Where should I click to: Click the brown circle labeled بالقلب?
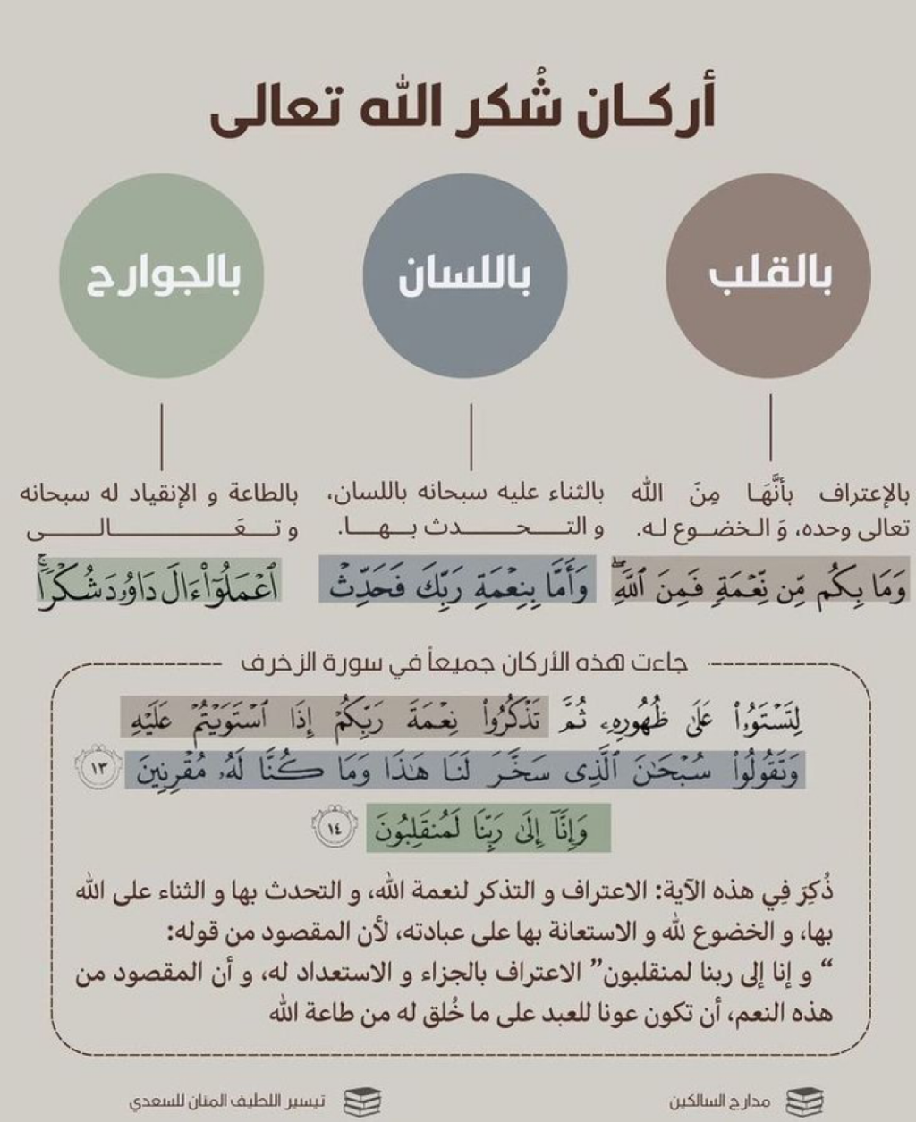769,277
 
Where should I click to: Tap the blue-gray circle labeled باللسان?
465,277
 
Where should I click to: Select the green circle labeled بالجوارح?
162,277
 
